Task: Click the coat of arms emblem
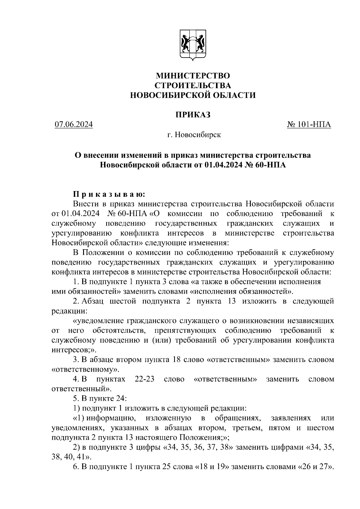pos(193,45)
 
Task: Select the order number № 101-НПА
pos(309,124)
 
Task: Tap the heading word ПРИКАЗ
pos(193,115)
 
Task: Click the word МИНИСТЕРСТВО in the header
pos(193,75)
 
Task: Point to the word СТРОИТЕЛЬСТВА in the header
pos(193,85)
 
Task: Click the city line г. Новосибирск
pos(194,135)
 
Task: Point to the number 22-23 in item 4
pos(145,379)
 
